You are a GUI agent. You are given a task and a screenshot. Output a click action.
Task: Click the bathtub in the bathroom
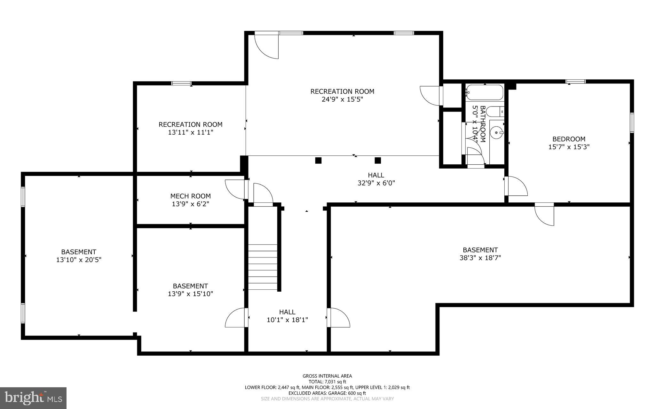pos(484,93)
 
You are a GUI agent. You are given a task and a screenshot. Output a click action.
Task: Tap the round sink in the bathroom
pos(497,132)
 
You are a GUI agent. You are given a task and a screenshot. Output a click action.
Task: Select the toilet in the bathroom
pos(496,112)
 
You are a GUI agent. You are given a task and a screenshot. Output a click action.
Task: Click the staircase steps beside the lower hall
pos(263,267)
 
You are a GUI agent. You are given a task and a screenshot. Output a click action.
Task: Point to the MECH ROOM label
pos(190,196)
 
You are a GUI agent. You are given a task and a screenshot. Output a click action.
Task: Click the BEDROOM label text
pos(569,139)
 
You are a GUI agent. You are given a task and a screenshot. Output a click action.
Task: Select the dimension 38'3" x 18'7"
pos(480,258)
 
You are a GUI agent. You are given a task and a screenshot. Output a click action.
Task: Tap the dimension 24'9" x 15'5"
pos(342,99)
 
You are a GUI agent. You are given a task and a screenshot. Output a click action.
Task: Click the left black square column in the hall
pos(318,161)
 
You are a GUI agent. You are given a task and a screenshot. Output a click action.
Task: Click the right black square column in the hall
pos(378,161)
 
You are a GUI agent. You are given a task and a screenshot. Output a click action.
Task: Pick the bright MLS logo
pos(33,398)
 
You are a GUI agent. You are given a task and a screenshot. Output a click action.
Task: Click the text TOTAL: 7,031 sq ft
pos(327,381)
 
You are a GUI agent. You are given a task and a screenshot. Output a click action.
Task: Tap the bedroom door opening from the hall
pos(516,186)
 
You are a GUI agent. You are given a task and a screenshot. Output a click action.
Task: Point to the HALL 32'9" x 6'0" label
pos(376,179)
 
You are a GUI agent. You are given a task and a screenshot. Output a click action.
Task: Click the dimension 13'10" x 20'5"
pos(79,260)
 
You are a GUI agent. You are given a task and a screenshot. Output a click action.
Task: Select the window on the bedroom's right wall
pos(632,122)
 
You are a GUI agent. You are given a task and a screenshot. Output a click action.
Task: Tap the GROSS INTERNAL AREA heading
pos(327,376)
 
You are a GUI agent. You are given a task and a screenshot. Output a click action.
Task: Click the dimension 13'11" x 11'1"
pos(190,132)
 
